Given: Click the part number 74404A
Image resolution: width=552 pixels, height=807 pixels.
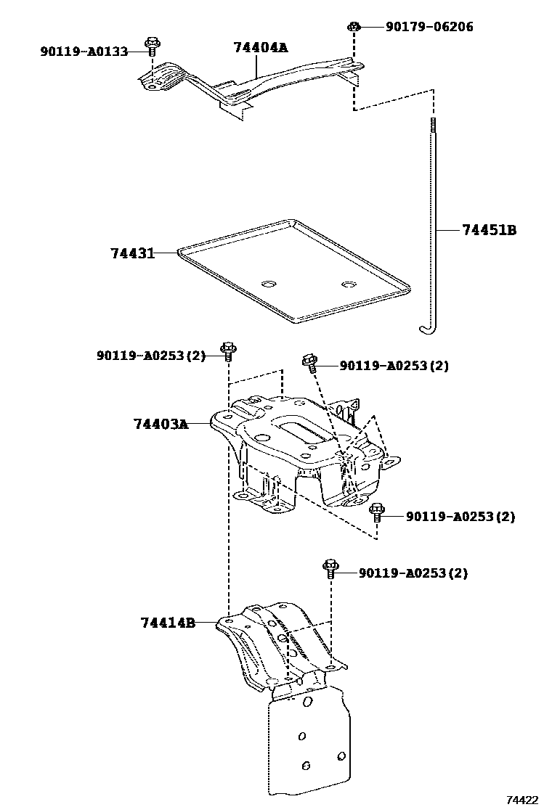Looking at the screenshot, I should (x=260, y=48).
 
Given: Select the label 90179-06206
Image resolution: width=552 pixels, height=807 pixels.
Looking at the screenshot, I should (x=429, y=27).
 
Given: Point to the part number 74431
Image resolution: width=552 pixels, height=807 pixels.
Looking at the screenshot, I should (x=132, y=253).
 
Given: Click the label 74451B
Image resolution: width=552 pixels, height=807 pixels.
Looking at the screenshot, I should (x=489, y=230).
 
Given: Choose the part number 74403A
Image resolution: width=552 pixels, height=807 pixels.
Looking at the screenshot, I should (x=161, y=424).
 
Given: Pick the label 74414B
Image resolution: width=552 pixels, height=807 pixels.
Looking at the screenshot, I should (x=168, y=623).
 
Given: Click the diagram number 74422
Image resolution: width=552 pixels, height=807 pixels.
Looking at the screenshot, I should (x=522, y=800).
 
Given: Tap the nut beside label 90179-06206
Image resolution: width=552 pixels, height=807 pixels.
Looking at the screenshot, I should (x=354, y=28).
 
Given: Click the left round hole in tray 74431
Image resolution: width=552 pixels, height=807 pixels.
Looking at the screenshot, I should (x=269, y=283).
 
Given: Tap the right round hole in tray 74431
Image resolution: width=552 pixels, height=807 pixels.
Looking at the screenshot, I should (x=349, y=284).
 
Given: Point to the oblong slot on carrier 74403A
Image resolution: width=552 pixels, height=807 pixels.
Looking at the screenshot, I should (x=299, y=428).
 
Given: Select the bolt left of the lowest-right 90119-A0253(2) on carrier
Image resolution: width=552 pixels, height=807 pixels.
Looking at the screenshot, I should (x=376, y=512).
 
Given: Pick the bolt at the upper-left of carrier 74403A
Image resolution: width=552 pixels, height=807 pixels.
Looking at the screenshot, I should (x=228, y=351).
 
